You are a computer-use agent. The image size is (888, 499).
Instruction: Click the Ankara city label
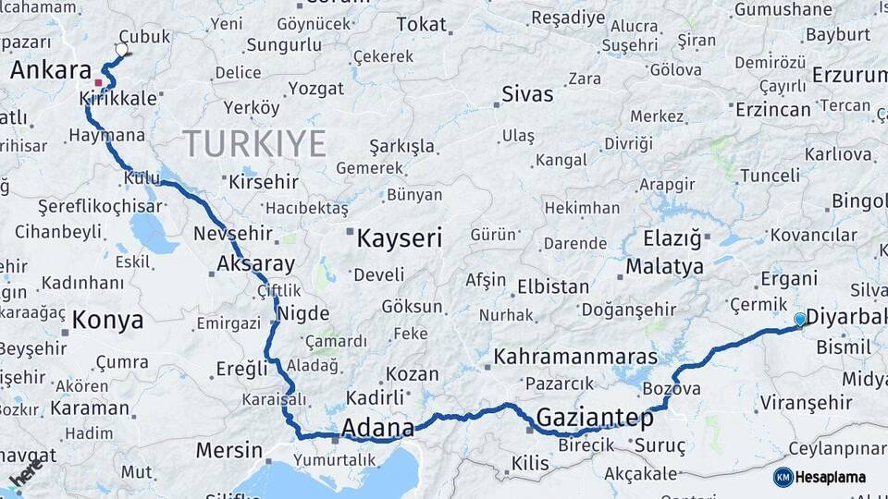tap(51, 71)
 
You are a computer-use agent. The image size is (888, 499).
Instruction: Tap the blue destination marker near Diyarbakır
tap(800, 320)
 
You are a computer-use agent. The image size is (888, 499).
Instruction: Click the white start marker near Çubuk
tap(122, 49)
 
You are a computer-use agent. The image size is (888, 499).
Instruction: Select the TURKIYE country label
tap(254, 144)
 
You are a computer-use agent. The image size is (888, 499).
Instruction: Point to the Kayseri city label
tap(400, 238)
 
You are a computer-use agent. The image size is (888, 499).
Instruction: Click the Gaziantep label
tap(595, 418)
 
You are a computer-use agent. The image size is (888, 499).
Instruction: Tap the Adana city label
tap(377, 428)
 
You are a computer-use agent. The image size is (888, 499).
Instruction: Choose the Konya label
tap(108, 321)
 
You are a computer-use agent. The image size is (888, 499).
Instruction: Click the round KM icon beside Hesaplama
tap(783, 477)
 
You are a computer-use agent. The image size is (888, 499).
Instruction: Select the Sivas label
tap(527, 94)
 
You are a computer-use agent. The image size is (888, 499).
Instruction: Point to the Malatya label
tap(664, 267)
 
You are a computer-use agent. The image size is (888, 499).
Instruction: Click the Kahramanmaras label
tap(575, 357)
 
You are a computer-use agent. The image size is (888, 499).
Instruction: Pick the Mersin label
tap(229, 451)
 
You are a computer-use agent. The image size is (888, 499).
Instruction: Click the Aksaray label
tap(255, 263)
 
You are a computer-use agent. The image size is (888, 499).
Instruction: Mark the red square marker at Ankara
tap(98, 83)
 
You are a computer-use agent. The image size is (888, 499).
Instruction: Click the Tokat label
tap(421, 25)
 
